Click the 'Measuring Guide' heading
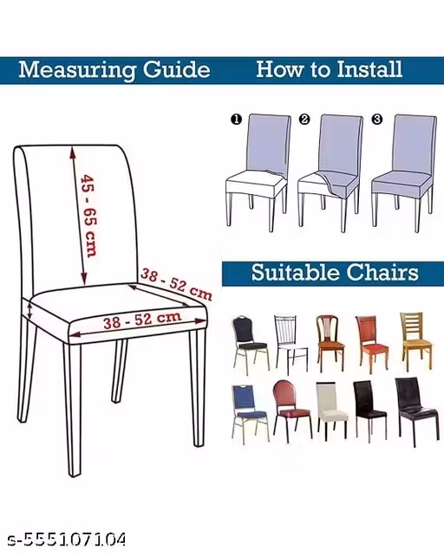tap(114, 70)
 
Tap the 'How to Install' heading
tap(330, 68)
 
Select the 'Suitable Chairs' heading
tap(335, 273)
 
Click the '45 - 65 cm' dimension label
tap(88, 216)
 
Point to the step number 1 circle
tap(236, 120)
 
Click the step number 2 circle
tap(304, 120)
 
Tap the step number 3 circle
tap(377, 120)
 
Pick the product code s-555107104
tap(67, 540)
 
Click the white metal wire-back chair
tap(291, 344)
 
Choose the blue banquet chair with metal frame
tap(250, 414)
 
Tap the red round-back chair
tap(291, 411)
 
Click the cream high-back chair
tap(331, 411)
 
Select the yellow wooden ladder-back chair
tap(415, 341)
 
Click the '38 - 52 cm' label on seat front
tap(142, 320)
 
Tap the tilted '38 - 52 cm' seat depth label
tap(176, 284)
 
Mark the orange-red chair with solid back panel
tap(371, 343)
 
